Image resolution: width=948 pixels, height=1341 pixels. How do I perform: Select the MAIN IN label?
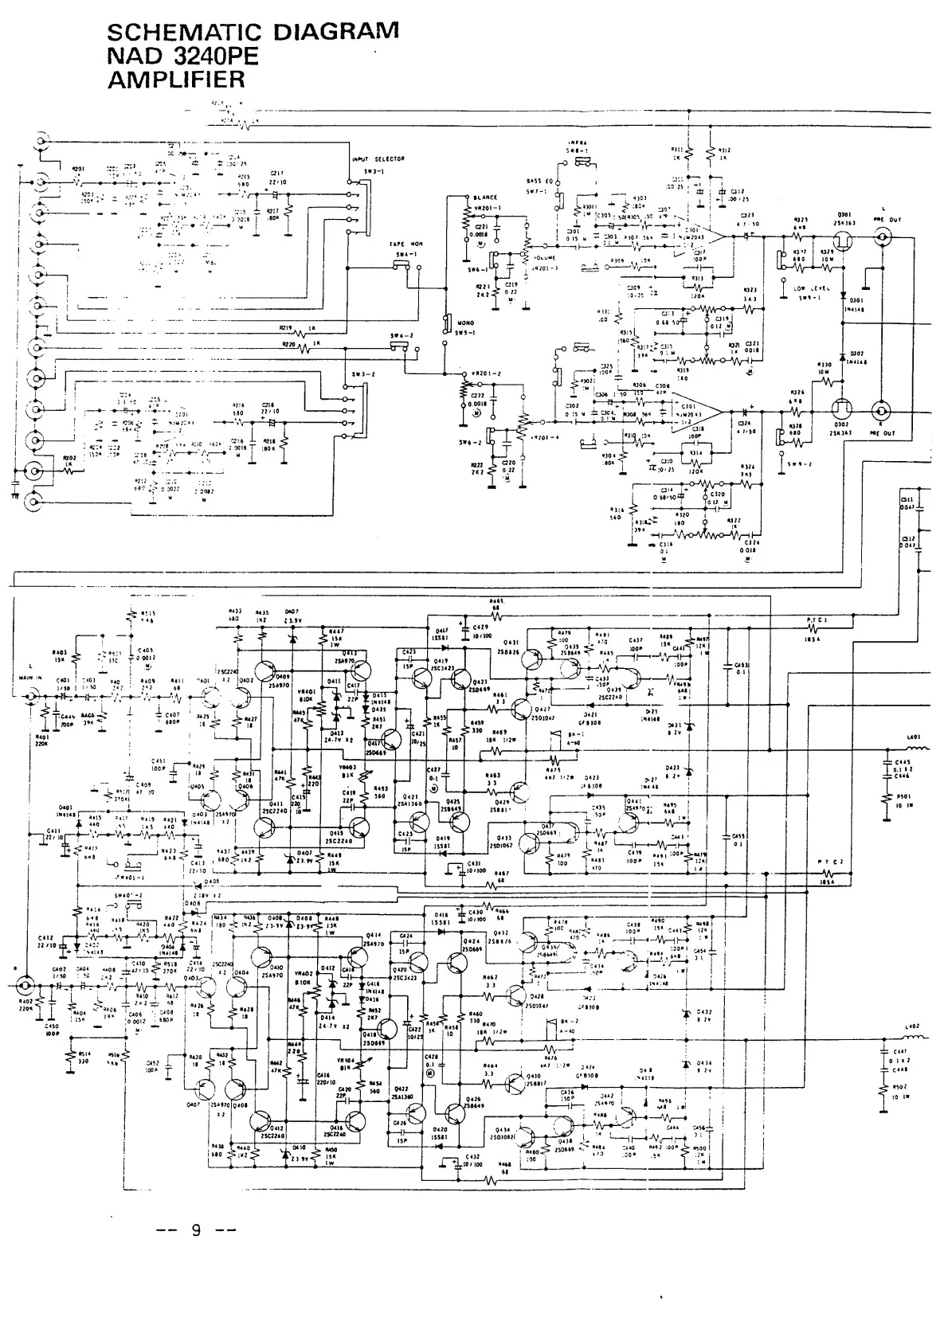point(29,678)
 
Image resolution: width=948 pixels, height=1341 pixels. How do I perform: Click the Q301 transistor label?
point(844,213)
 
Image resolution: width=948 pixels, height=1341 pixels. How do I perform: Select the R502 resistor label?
point(900,1086)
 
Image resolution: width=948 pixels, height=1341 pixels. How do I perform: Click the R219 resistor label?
point(287,327)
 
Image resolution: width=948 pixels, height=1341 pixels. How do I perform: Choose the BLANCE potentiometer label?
point(484,197)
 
